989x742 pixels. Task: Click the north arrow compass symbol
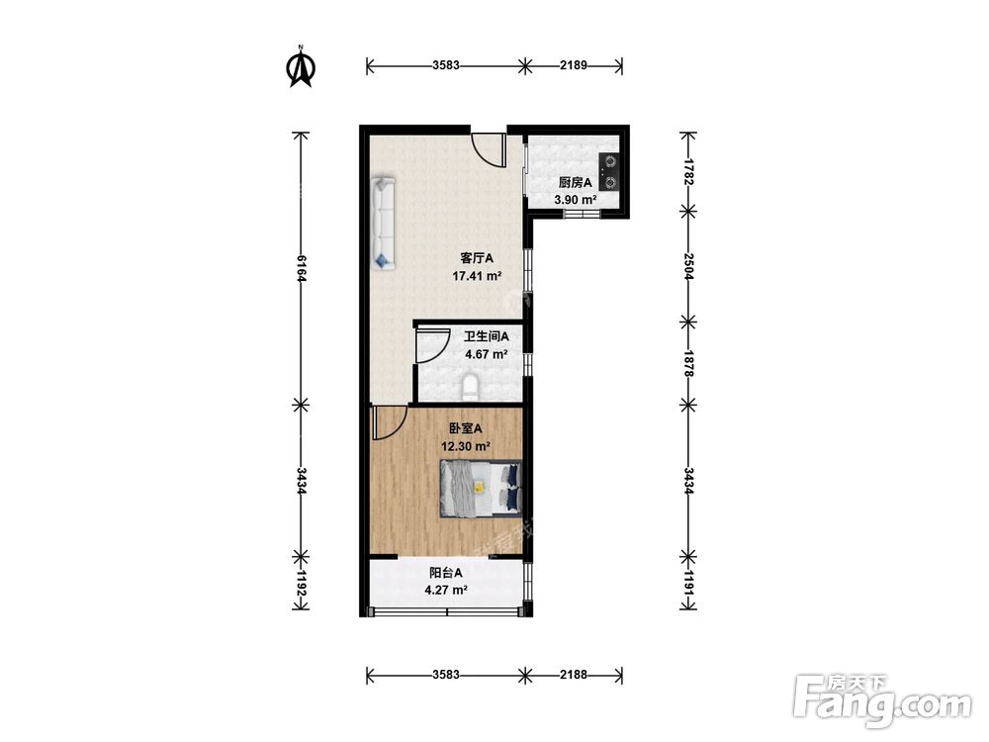click(302, 67)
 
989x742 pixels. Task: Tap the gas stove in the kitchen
click(608, 171)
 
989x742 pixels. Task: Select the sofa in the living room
click(384, 224)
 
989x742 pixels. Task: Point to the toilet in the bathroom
click(470, 388)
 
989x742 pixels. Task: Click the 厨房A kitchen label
click(576, 183)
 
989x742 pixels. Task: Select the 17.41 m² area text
click(477, 276)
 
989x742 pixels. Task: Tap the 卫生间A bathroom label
click(487, 337)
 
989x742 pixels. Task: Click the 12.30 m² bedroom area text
click(466, 447)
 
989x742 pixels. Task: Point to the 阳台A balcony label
click(446, 573)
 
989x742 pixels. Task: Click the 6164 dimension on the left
click(301, 269)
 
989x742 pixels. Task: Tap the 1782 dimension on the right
click(688, 172)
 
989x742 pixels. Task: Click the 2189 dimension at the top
click(574, 65)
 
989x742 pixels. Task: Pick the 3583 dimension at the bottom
click(446, 675)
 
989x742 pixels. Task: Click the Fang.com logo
click(883, 700)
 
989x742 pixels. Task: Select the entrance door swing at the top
click(489, 150)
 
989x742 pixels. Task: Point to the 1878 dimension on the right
click(688, 363)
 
